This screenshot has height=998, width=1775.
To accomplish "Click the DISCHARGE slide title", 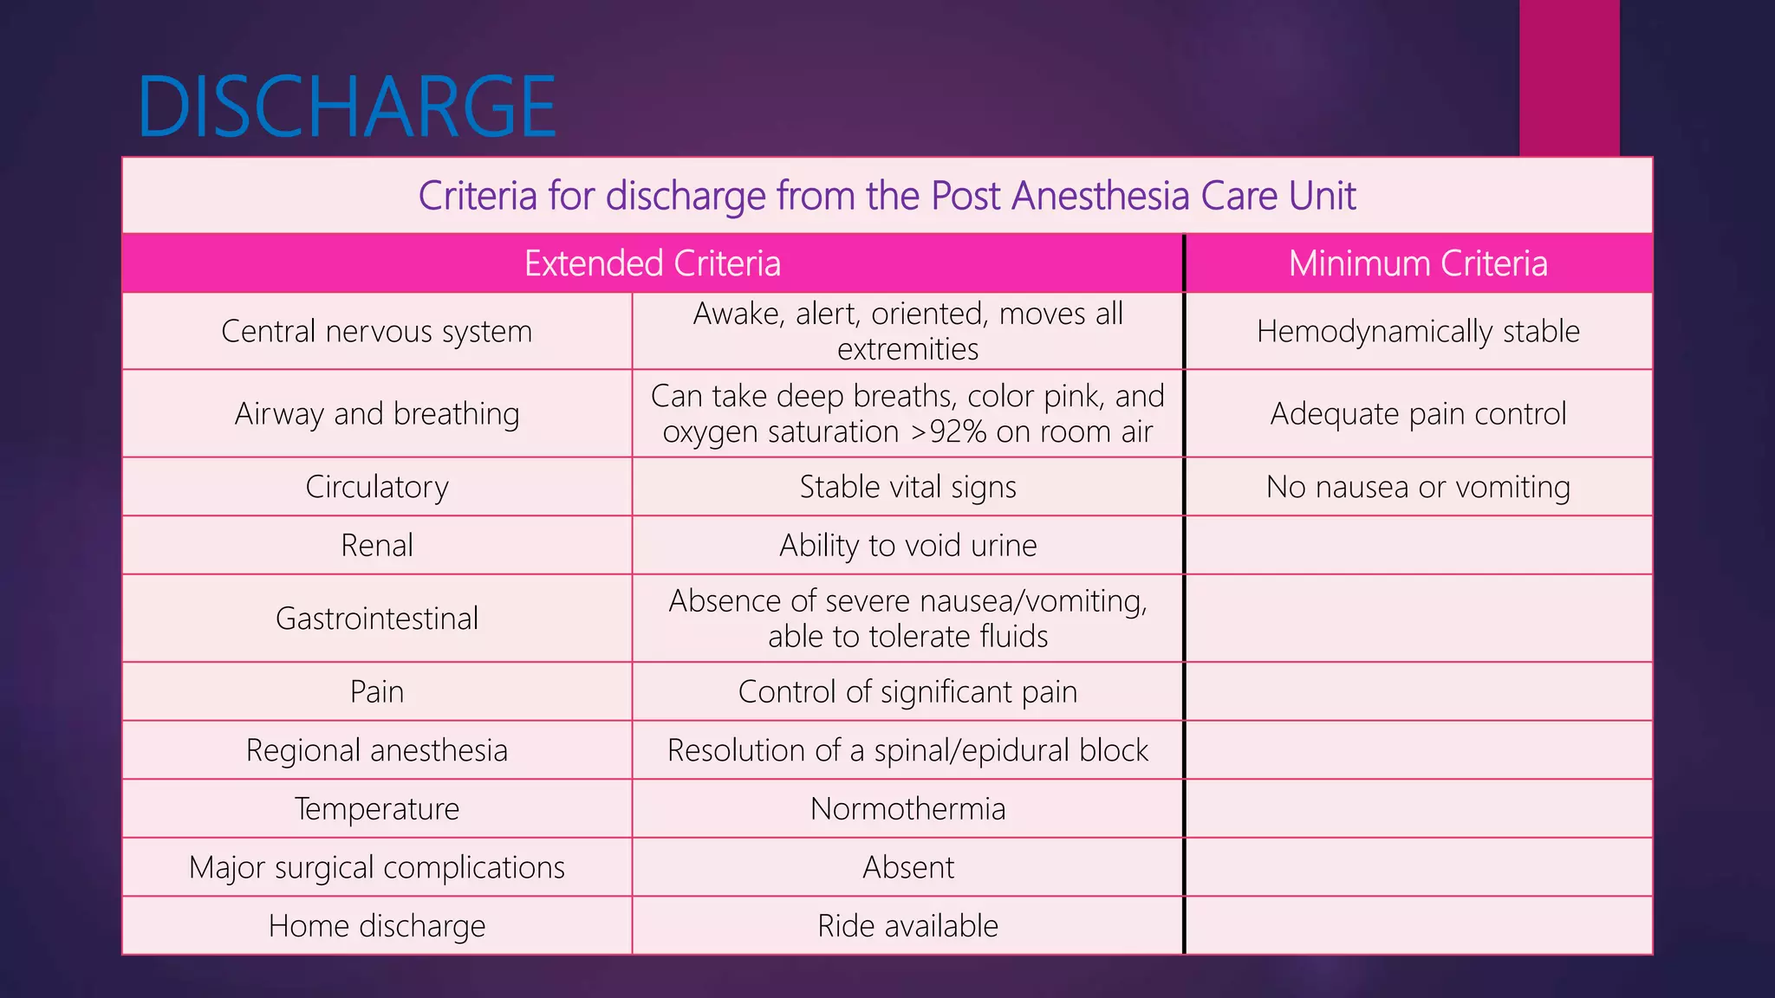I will pos(347,107).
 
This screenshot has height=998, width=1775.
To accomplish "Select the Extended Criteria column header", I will pos(653,263).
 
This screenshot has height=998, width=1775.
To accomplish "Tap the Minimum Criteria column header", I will pos(1418,263).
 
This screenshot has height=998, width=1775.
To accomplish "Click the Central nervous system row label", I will pos(377,331).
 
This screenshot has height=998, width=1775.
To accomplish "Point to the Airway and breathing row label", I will pos(377,414).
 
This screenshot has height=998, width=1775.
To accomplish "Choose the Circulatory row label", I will pos(377,487).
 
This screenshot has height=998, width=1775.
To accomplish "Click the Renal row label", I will pos(377,545).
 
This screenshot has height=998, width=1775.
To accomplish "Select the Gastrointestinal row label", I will pos(377,619).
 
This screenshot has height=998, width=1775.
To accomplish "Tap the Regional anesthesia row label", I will pos(377,750).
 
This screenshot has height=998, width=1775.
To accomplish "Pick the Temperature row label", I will pos(377,808).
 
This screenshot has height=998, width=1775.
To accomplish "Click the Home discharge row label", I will pos(377,926).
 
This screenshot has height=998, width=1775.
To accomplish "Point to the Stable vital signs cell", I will pos(907,487).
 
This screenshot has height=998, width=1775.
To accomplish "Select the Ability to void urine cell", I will pos(907,545).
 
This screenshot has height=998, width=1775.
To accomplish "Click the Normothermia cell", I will pos(907,808).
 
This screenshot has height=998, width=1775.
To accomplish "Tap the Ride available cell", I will pos(907,926).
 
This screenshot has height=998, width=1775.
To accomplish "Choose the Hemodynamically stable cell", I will pos(1418,331).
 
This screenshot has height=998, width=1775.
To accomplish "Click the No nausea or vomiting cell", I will pos(1418,487).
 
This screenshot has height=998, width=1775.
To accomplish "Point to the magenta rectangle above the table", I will pos(1569,78).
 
